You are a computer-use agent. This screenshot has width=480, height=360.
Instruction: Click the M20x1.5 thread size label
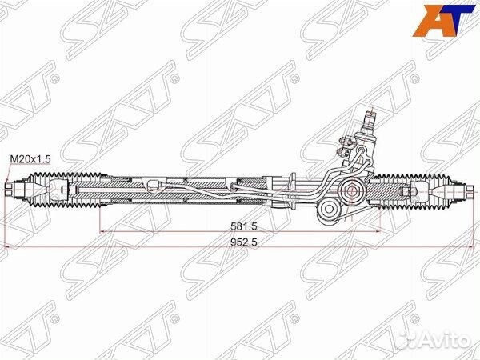coord(30,160)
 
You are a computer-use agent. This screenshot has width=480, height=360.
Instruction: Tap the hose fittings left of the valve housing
coord(346,148)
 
